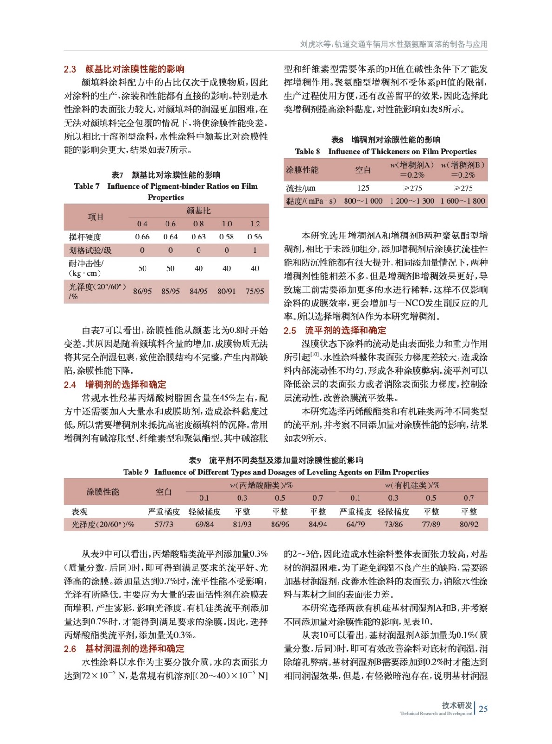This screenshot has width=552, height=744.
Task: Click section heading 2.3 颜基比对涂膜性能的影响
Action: tap(124, 69)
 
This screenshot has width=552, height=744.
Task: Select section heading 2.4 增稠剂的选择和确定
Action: tap(115, 385)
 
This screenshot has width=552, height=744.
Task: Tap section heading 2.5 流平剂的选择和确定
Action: tap(335, 331)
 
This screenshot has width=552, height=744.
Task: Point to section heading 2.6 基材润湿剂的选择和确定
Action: tap(124, 649)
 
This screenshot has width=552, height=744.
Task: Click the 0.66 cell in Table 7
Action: tap(142, 237)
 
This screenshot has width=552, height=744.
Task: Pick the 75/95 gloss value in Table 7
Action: tap(255, 292)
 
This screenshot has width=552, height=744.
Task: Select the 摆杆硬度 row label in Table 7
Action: tap(85, 237)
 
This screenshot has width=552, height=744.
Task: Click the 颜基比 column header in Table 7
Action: tap(199, 211)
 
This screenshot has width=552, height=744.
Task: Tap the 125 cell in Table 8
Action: tap(363, 188)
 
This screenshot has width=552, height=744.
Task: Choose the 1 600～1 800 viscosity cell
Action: tap(463, 201)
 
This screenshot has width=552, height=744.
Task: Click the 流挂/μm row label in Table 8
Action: tap(300, 188)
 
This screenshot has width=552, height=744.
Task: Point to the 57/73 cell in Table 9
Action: tap(164, 525)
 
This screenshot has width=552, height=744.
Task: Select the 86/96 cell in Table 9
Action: tap(280, 525)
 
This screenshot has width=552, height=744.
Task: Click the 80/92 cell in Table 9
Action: tap(469, 525)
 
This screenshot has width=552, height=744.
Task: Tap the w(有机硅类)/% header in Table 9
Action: tap(412, 485)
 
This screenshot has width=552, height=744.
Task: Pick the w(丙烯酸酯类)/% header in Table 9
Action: tap(261, 485)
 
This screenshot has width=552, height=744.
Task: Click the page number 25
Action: tap(483, 709)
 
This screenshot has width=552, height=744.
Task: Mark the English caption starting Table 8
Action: tap(386, 152)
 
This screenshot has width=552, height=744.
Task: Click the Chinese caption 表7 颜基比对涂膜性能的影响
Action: tap(166, 175)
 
